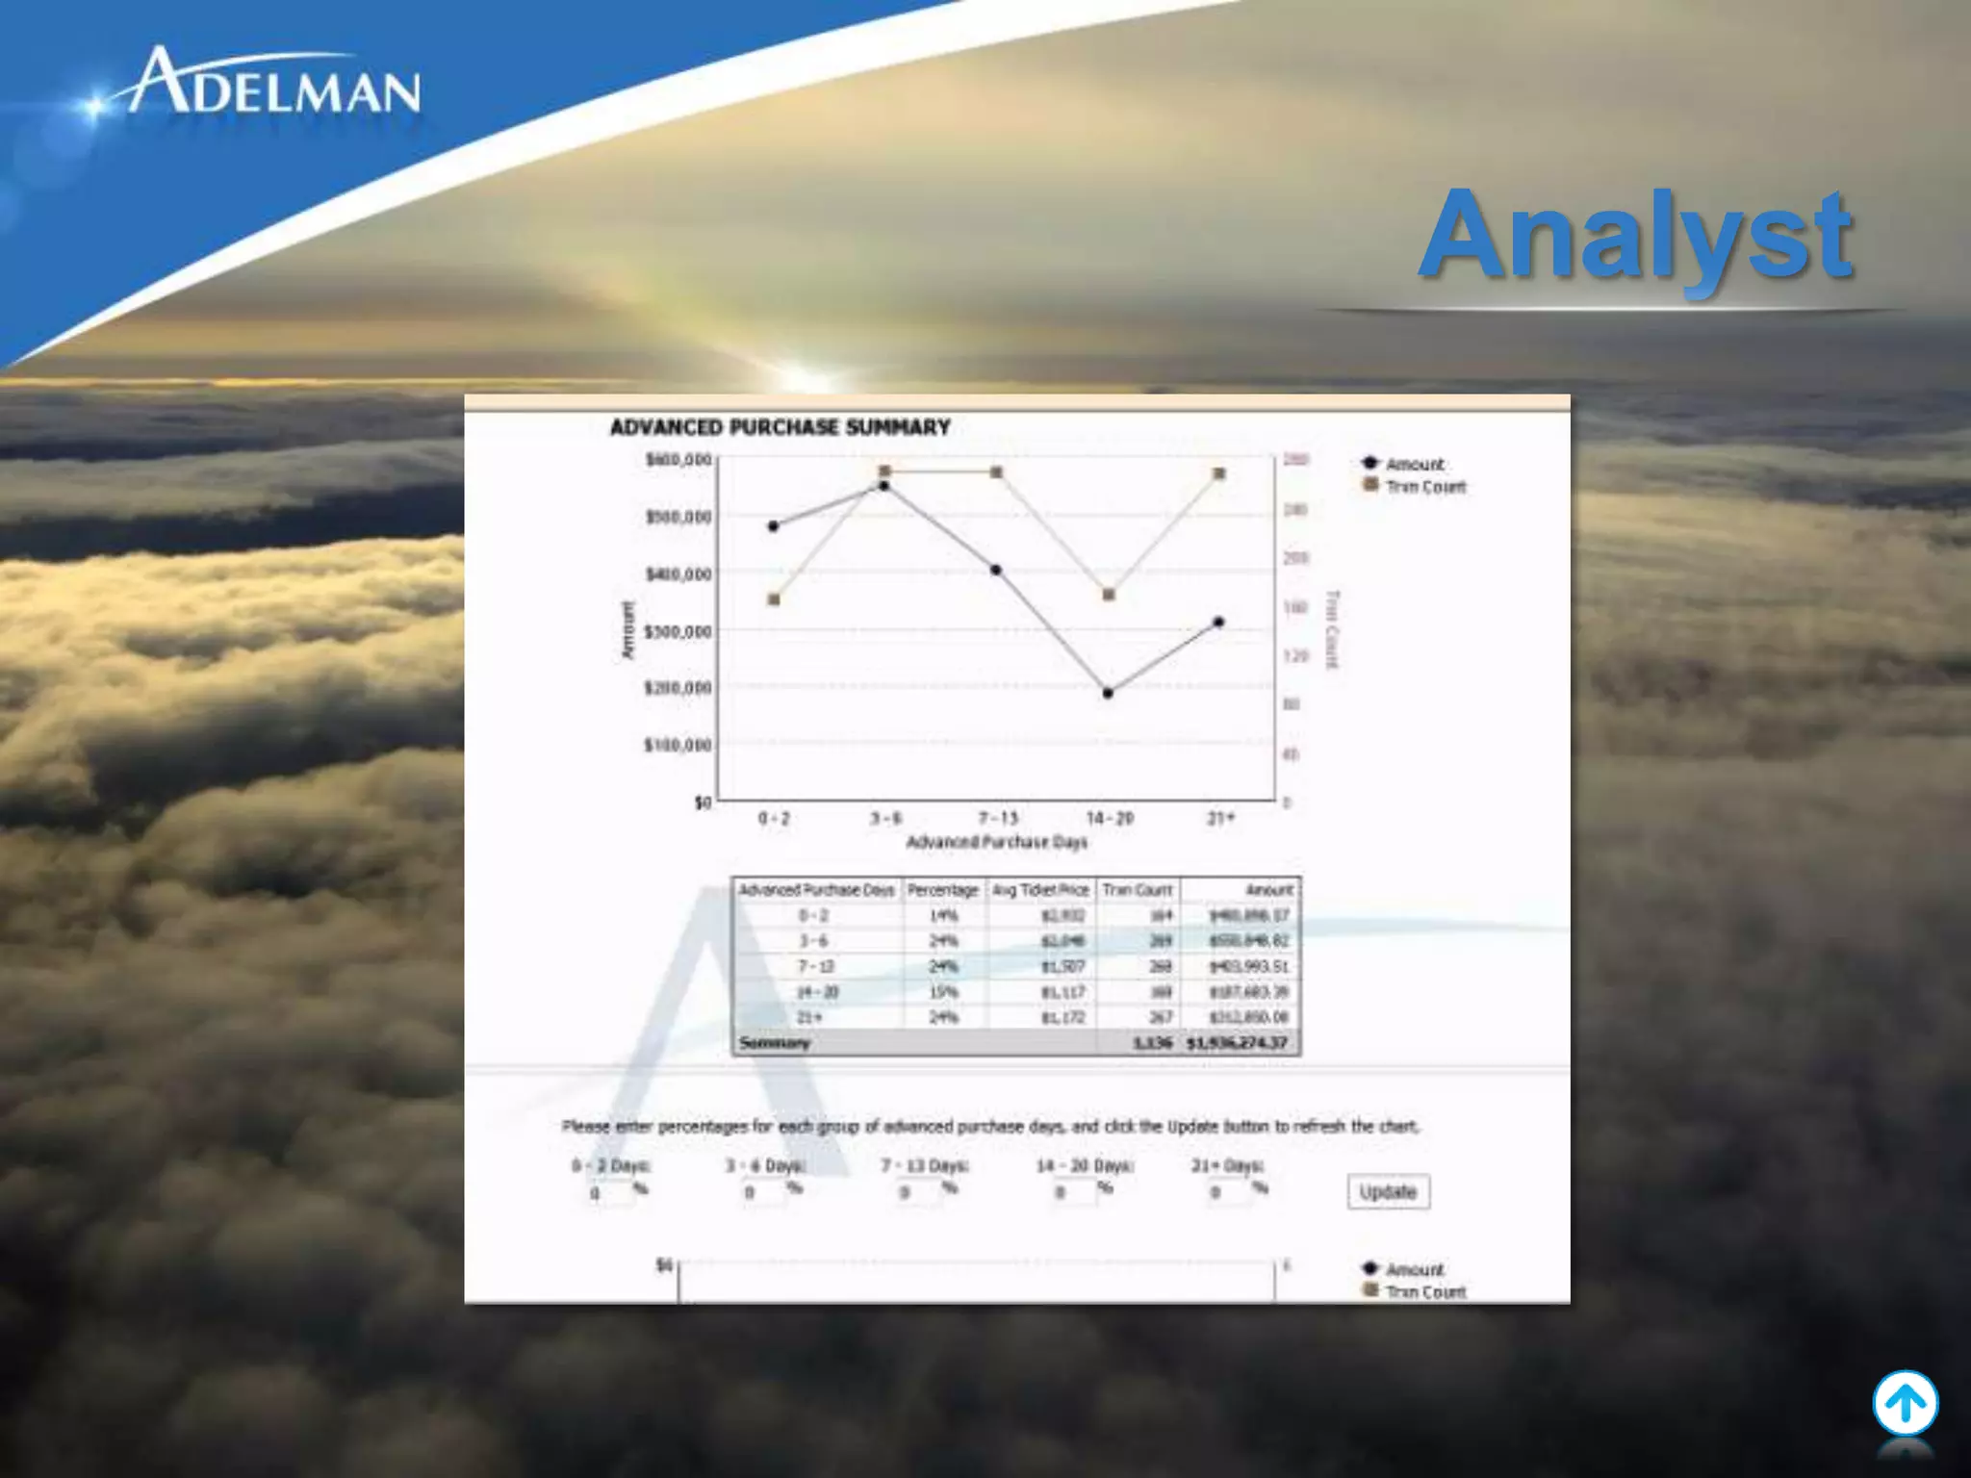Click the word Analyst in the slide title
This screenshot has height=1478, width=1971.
[x=1635, y=236]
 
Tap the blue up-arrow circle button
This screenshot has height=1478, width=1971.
[x=1905, y=1404]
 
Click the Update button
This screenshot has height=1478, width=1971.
[x=1387, y=1192]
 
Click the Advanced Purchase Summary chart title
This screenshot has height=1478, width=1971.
[x=780, y=427]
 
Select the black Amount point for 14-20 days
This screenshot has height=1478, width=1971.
[x=1108, y=693]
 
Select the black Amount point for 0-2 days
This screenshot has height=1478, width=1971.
[x=774, y=526]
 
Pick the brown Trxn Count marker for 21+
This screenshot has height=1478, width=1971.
[x=1218, y=473]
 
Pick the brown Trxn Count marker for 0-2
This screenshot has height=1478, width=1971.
[x=774, y=599]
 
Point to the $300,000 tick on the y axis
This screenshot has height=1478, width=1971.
[x=678, y=631]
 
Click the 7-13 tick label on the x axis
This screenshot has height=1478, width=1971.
[x=997, y=818]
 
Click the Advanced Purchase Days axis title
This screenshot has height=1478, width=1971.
[x=996, y=842]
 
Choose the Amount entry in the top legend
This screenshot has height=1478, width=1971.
[x=1413, y=464]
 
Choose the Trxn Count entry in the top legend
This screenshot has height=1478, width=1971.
[x=1423, y=487]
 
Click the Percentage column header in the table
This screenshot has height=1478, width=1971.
[x=942, y=890]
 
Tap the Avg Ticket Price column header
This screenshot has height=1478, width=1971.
[x=1040, y=890]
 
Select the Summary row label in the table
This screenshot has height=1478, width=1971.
[x=775, y=1043]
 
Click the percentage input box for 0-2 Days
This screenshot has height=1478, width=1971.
[x=610, y=1193]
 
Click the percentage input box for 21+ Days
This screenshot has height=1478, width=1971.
[x=1229, y=1193]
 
